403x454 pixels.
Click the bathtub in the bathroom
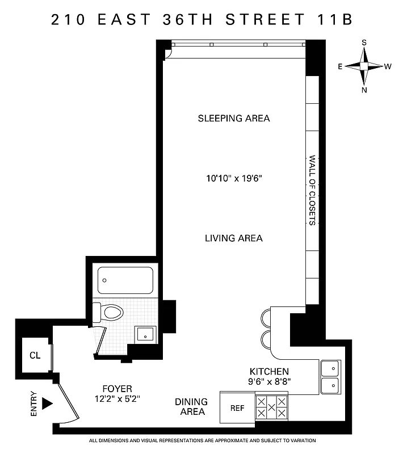(x=125, y=280)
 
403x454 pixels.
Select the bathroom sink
(x=145, y=334)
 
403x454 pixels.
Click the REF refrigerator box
(x=237, y=408)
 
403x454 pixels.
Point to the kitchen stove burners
(x=271, y=407)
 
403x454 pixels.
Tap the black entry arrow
(x=48, y=403)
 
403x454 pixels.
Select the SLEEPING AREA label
(x=233, y=119)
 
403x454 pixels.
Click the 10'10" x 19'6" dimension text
(x=233, y=178)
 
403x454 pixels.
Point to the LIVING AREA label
(x=233, y=238)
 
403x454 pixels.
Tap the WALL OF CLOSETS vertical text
(x=312, y=190)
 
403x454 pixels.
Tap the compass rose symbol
(x=364, y=66)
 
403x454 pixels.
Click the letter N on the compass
(x=364, y=89)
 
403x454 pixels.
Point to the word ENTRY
(x=33, y=404)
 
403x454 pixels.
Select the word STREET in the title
(x=264, y=19)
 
